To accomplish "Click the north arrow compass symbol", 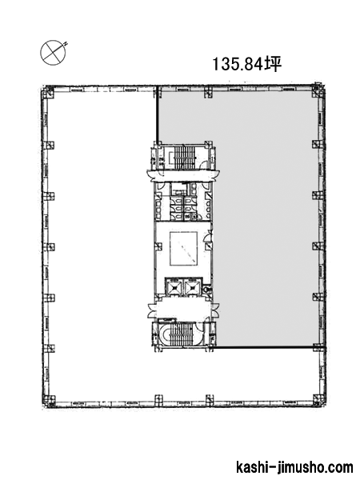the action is point(54,52).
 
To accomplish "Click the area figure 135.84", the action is point(238,64).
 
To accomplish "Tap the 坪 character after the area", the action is point(273,64).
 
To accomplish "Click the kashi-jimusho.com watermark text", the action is point(294,468).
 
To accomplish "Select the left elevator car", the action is point(174,287).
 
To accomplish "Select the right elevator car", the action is point(193,287).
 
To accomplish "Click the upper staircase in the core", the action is point(184,157).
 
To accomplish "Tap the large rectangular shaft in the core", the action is point(184,249).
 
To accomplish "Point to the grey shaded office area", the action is point(266,214).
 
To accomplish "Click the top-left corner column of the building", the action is point(48,91).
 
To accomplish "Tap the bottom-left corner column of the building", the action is point(48,401).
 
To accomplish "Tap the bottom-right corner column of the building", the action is point(318,400).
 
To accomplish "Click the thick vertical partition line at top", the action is point(157,115).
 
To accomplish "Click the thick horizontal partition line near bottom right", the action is point(264,347).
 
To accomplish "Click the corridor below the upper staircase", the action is point(184,176).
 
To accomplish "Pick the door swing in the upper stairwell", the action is point(202,165).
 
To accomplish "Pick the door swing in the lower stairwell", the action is point(199,327).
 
